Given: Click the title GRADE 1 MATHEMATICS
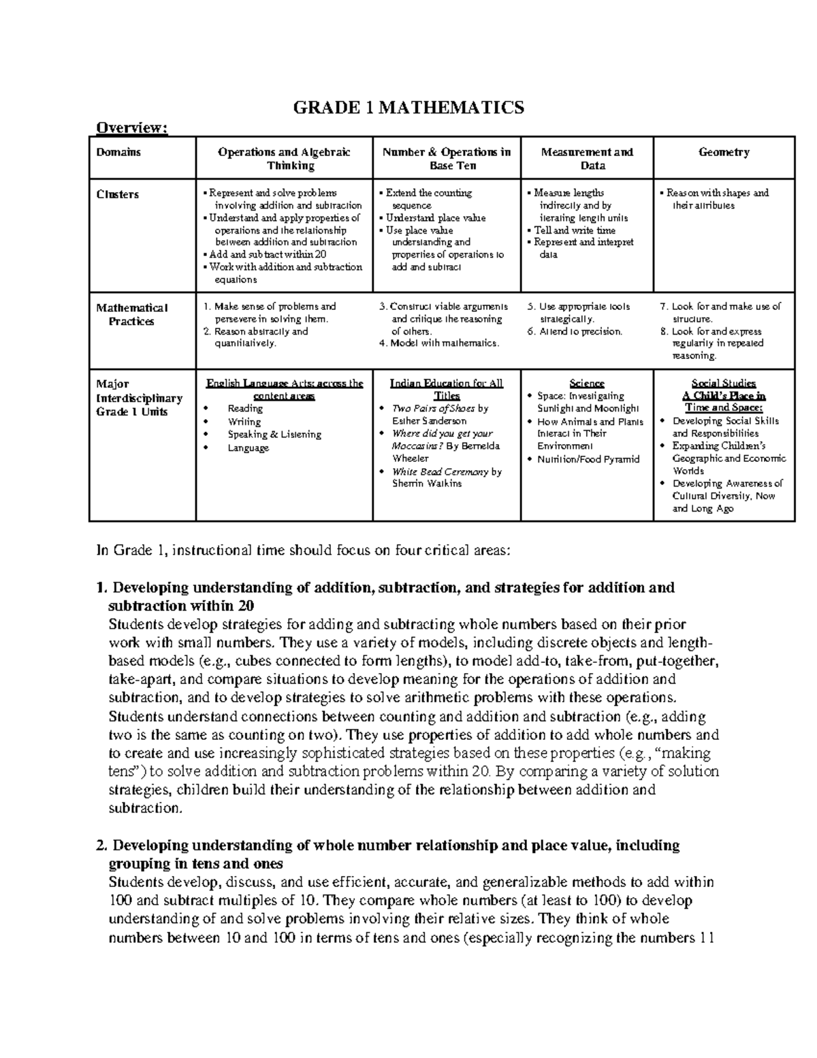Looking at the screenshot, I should pos(408,107).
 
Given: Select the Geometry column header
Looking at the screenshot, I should pos(723,153).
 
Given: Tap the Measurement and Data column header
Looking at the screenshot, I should pos(586,159).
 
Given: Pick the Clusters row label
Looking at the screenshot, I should pos(117,194).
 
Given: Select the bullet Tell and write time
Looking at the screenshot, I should pos(574,230).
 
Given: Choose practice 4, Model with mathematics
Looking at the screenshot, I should pos(438,343).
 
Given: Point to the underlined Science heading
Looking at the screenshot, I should pos(586,384).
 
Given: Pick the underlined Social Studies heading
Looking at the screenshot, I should pos(723,384).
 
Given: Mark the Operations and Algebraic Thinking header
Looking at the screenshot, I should pos(284,159).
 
